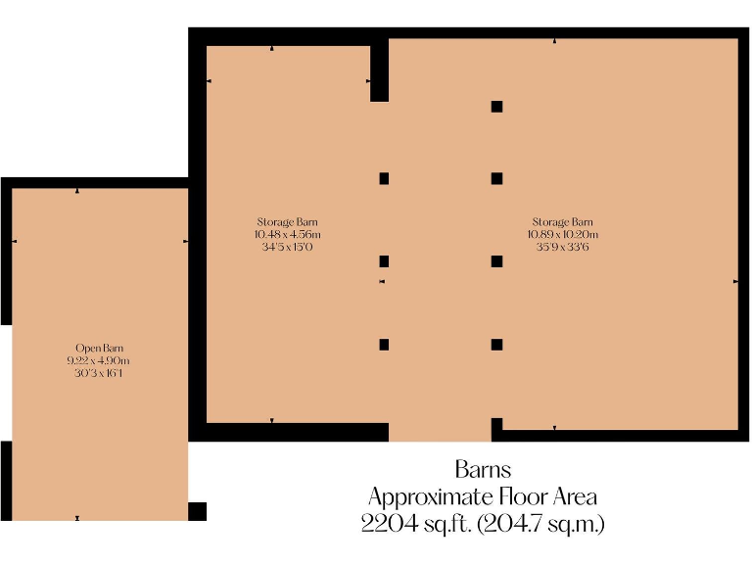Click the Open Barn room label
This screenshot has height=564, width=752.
coord(100,349)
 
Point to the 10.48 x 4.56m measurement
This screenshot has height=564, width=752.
coord(287,235)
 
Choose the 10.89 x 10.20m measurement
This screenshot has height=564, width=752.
coord(562,235)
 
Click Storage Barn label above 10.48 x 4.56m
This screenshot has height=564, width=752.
coord(287,222)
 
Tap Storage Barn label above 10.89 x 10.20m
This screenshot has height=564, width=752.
coord(562,222)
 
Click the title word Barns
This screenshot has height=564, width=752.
coord(483,469)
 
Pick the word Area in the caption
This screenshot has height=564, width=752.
coord(575,496)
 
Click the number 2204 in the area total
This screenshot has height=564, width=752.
coord(386,524)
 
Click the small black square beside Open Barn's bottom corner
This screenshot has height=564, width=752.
coord(197,511)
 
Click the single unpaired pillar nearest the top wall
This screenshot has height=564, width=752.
coord(497,106)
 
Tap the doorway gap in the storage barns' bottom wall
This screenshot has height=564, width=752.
coord(440,432)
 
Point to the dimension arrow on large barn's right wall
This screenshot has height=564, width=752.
coord(735,281)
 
